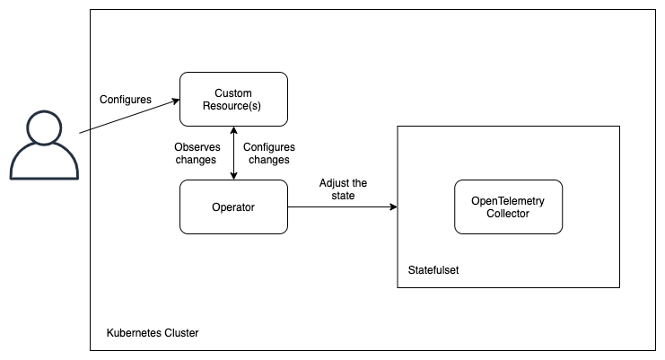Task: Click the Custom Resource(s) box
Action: pyautogui.click(x=233, y=100)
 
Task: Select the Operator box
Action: pyautogui.click(x=233, y=207)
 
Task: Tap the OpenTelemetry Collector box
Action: pyautogui.click(x=508, y=207)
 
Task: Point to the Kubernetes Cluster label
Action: pyautogui.click(x=152, y=333)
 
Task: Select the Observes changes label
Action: pyautogui.click(x=195, y=153)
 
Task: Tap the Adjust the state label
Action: pyautogui.click(x=342, y=189)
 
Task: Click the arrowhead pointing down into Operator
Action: pyautogui.click(x=233, y=176)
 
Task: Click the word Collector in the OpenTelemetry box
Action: pyautogui.click(x=508, y=214)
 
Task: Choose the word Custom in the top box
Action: pyautogui.click(x=233, y=93)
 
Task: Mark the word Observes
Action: pyautogui.click(x=195, y=146)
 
